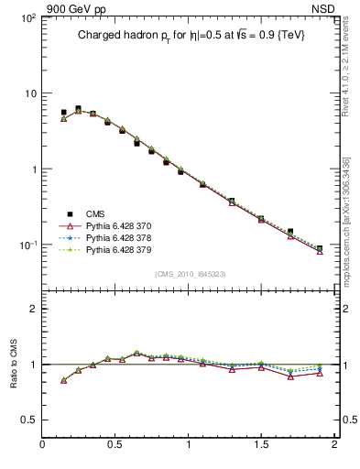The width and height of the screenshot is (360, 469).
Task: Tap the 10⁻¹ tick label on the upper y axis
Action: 27,245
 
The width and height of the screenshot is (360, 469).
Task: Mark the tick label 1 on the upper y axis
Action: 33,169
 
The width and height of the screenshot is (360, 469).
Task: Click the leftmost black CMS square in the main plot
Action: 63,113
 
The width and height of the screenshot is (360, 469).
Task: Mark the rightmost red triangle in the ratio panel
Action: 320,373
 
